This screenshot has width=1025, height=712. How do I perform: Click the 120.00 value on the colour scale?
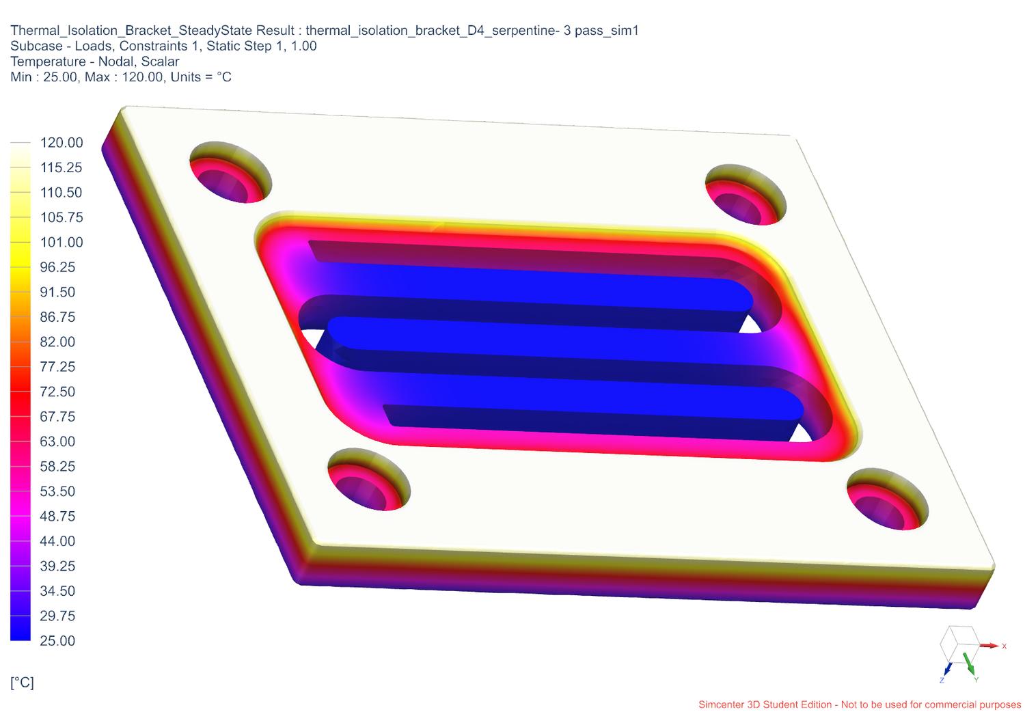tap(61, 143)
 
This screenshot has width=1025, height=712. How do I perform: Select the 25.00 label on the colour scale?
tap(57, 641)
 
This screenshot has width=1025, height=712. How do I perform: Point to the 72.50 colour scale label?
tap(57, 392)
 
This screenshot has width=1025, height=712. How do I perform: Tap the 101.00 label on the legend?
tap(61, 243)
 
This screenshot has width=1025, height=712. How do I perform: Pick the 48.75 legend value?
tap(57, 517)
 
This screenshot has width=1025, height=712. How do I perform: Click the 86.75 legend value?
tap(57, 317)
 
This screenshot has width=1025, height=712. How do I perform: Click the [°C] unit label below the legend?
tap(22, 683)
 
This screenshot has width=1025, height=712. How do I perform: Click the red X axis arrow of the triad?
tap(989, 645)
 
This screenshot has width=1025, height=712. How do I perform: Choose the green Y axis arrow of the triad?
tap(969, 663)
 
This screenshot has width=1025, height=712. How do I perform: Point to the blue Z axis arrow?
tap(947, 669)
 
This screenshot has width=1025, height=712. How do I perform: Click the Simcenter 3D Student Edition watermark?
tap(859, 704)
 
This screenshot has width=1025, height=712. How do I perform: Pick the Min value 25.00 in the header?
tap(60, 77)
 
